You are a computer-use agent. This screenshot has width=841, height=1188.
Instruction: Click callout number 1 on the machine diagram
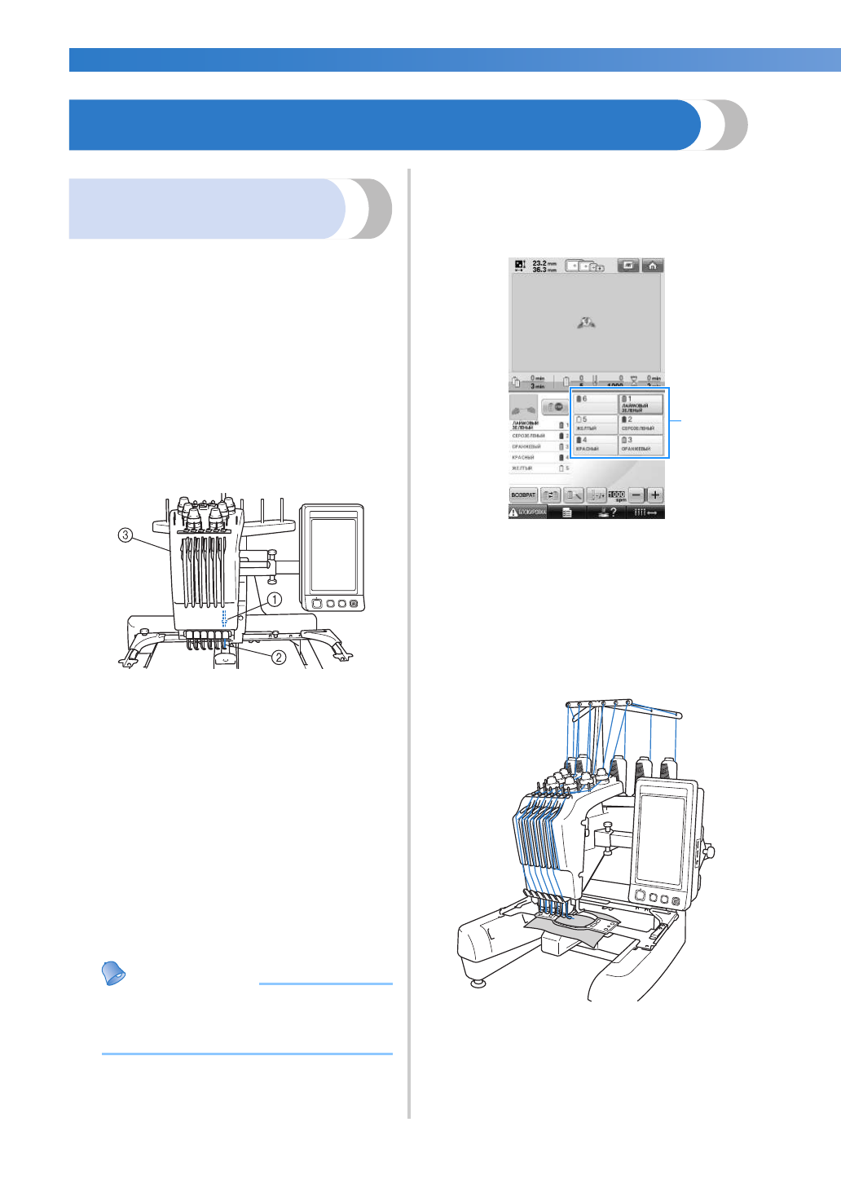click(275, 600)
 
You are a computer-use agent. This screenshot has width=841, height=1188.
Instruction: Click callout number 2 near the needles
click(279, 657)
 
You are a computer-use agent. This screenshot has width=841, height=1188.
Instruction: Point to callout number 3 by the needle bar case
click(125, 535)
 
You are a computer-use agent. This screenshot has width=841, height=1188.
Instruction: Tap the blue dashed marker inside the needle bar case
click(224, 616)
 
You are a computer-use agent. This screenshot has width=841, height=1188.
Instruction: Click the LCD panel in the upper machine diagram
click(332, 555)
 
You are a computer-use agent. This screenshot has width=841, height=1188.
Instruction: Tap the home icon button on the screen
click(652, 266)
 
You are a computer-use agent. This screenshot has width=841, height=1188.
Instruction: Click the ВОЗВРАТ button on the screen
click(523, 495)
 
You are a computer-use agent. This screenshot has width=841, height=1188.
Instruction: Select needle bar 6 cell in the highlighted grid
click(595, 402)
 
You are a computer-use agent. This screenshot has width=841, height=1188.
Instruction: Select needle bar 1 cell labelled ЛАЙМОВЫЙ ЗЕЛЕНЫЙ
click(641, 403)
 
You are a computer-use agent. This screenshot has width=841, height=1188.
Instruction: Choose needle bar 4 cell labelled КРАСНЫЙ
click(595, 445)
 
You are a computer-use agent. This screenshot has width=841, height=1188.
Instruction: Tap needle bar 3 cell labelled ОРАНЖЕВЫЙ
click(641, 445)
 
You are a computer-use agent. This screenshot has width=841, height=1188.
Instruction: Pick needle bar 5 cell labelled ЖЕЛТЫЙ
click(595, 424)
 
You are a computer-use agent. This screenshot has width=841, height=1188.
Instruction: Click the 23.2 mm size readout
click(544, 264)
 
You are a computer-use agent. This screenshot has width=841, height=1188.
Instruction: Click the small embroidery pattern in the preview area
click(586, 323)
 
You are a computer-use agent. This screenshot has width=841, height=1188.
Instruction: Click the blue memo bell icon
click(114, 973)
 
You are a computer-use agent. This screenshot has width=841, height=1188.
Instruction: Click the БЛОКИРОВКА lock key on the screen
click(527, 513)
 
